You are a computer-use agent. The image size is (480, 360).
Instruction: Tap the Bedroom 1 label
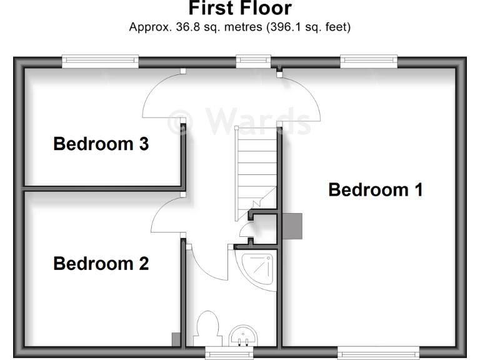pyautogui.click(x=375, y=189)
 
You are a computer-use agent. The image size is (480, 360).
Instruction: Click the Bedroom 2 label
pyautogui.click(x=101, y=264)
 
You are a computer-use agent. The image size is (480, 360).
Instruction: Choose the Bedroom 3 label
pyautogui.click(x=101, y=144)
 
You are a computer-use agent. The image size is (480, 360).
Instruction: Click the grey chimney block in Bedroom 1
pyautogui.click(x=292, y=226)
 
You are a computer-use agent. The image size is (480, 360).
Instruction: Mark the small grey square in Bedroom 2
pyautogui.click(x=176, y=339)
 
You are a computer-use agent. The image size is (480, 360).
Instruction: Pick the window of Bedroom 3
pyautogui.click(x=100, y=61)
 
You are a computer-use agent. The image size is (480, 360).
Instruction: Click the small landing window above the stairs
pyautogui.click(x=249, y=61)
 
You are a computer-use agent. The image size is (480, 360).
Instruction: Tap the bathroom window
pyautogui.click(x=230, y=354)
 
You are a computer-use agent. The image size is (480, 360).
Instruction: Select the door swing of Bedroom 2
pyautogui.click(x=166, y=216)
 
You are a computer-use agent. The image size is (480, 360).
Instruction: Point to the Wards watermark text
pyautogui.click(x=241, y=121)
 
